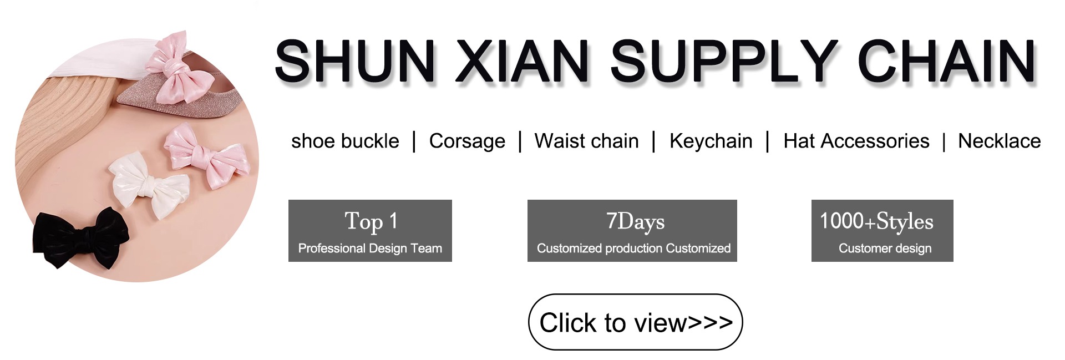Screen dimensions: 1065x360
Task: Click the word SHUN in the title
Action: pyautogui.click(x=355, y=61)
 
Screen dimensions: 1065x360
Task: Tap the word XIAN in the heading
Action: pyautogui.click(x=521, y=61)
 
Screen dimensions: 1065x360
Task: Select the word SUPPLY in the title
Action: pyautogui.click(x=724, y=61)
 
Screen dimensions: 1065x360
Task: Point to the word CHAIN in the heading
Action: pyautogui.click(x=946, y=61)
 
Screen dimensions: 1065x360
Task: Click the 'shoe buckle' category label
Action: pyautogui.click(x=345, y=141)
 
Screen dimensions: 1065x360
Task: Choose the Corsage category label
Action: pyautogui.click(x=467, y=141)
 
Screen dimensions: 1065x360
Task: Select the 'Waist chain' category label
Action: pyautogui.click(x=586, y=141)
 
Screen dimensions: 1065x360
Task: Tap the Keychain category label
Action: pyautogui.click(x=711, y=141)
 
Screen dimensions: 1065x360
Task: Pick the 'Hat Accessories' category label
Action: pyautogui.click(x=856, y=141)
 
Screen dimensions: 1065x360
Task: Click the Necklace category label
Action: pyautogui.click(x=999, y=141)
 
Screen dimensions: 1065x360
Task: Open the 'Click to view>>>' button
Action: pyautogui.click(x=635, y=322)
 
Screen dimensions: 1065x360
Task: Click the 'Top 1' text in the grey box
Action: pyautogui.click(x=371, y=221)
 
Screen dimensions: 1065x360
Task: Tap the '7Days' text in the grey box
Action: pyautogui.click(x=635, y=221)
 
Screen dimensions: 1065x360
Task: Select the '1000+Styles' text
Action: pyautogui.click(x=876, y=221)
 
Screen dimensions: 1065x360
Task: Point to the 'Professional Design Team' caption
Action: pyautogui.click(x=370, y=248)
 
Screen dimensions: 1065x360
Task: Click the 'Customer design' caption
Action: pyautogui.click(x=885, y=248)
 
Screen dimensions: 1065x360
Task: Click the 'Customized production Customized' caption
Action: pyautogui.click(x=633, y=248)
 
